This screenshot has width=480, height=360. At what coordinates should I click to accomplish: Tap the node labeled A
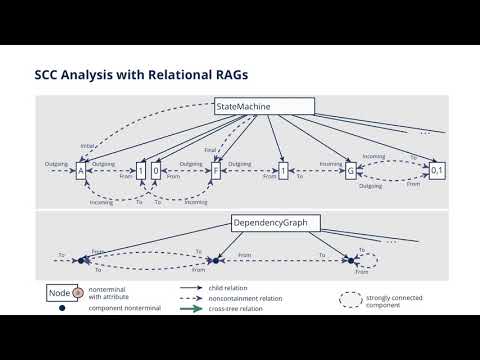[80, 171]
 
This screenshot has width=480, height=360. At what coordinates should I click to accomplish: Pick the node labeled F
[215, 171]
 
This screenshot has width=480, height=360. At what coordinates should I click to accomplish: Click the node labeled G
[351, 171]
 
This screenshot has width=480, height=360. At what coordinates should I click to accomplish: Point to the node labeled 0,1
[436, 171]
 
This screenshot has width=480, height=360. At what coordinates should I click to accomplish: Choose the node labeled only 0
[156, 171]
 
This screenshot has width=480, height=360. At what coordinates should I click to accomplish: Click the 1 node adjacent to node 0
[141, 171]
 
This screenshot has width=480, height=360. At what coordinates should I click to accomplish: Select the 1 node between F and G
[284, 171]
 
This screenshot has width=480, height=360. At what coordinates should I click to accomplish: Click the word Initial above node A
[87, 143]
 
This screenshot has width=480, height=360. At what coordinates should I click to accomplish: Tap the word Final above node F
[210, 150]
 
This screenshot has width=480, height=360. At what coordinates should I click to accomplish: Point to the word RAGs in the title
[223, 75]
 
